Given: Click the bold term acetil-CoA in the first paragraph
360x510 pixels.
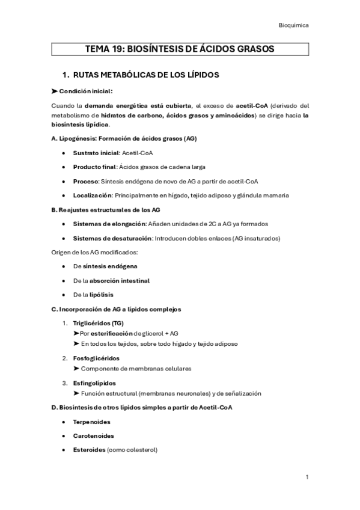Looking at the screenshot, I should (x=251, y=106).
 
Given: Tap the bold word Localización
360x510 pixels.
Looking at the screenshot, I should (x=92, y=194).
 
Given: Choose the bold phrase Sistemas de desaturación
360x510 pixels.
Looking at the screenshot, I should (x=112, y=238).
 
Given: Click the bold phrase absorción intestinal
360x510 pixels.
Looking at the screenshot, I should (x=120, y=280).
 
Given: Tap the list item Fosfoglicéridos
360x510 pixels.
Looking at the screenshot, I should (x=96, y=358).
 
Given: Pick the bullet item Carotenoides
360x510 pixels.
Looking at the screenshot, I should (x=93, y=435).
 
